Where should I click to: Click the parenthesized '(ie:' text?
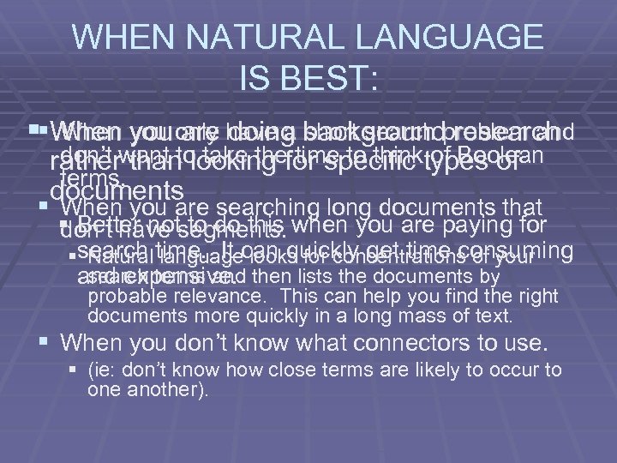pyautogui.click(x=104, y=370)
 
